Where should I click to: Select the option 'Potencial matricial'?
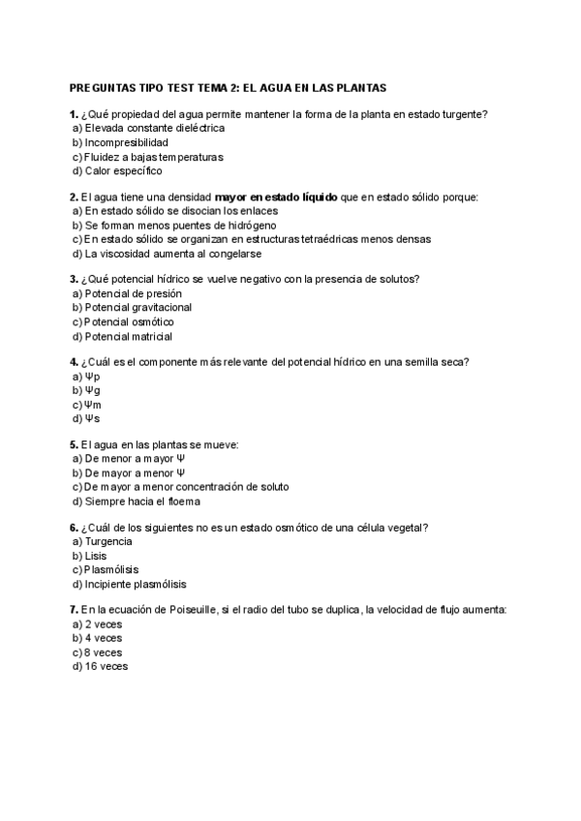pos(128,336)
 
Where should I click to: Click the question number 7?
pos(74,611)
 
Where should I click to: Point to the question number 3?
pos(74,279)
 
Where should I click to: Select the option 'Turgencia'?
pos(108,542)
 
